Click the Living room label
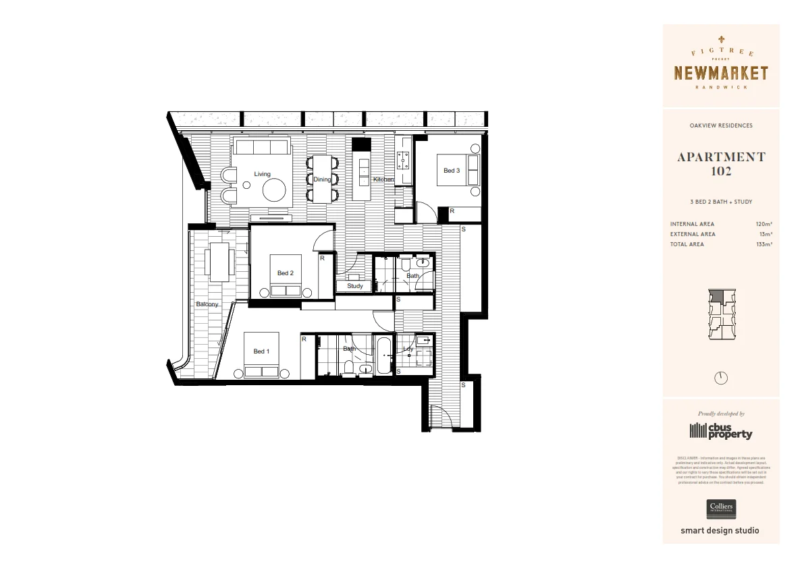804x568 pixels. (x=262, y=174)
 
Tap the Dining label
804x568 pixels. (x=322, y=179)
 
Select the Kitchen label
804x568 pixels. (x=383, y=179)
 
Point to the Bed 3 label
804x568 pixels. (x=452, y=171)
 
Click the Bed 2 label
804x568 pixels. (x=286, y=273)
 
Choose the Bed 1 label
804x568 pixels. (x=261, y=351)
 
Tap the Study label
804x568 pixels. (x=355, y=286)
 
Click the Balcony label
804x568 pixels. (x=207, y=304)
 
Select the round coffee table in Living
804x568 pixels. (x=275, y=192)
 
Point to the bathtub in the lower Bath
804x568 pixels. (x=383, y=355)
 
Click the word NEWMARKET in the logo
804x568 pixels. (x=721, y=73)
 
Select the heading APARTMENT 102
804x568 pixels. (x=721, y=164)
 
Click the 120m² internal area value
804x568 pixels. (x=764, y=224)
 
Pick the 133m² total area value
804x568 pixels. (x=764, y=244)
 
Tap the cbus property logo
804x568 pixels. (x=721, y=430)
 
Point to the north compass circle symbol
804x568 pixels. (x=721, y=378)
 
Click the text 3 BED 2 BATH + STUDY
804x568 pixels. (x=721, y=202)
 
